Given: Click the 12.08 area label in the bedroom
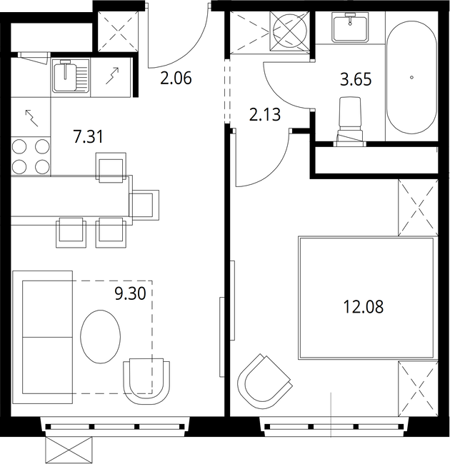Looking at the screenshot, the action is tap(364, 306).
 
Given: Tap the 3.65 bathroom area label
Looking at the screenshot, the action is tap(356, 79).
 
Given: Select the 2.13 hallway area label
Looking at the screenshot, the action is tap(265, 115).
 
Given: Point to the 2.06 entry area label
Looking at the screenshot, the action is tap(176, 78).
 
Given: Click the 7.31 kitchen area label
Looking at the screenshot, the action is tap(89, 137).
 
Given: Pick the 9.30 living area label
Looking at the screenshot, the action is tap(130, 293).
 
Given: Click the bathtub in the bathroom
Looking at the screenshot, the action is tap(411, 77).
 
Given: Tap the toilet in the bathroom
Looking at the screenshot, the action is tap(350, 121).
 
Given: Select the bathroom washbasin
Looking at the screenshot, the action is tap(350, 26).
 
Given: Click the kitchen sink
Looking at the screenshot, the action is tap(71, 76).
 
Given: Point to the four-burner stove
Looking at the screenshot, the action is tap(31, 156).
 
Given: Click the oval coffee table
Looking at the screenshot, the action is tap(101, 336).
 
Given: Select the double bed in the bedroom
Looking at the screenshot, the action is tap(366, 298).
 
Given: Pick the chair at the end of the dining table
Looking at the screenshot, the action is tap(144, 205).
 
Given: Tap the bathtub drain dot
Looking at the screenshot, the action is tap(411, 78).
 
